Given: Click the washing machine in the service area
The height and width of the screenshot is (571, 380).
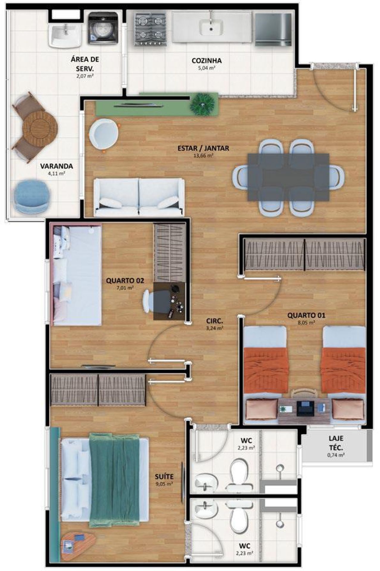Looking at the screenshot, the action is tap(103, 28).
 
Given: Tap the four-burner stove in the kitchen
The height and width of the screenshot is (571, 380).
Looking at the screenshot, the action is tap(151, 29).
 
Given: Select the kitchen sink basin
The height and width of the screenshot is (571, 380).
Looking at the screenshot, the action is tap(211, 27).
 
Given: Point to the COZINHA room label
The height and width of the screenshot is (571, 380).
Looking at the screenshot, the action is tap(207, 61).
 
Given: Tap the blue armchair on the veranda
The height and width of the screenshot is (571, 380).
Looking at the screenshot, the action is tap(31, 196).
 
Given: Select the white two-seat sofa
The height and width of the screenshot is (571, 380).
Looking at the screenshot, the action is tap(139, 197).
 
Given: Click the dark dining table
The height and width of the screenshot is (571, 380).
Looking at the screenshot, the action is tap(289, 177).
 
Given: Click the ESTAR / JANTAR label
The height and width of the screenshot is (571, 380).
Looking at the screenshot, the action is tap(203, 148).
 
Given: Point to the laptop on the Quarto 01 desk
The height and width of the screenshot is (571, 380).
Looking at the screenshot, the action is tap(306, 408).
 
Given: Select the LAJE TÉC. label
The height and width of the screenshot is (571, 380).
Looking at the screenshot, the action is tap(336, 442).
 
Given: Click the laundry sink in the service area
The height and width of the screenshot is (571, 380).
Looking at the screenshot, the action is tap(65, 35).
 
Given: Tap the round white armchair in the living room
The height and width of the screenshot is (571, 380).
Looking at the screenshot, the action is tap(103, 134).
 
